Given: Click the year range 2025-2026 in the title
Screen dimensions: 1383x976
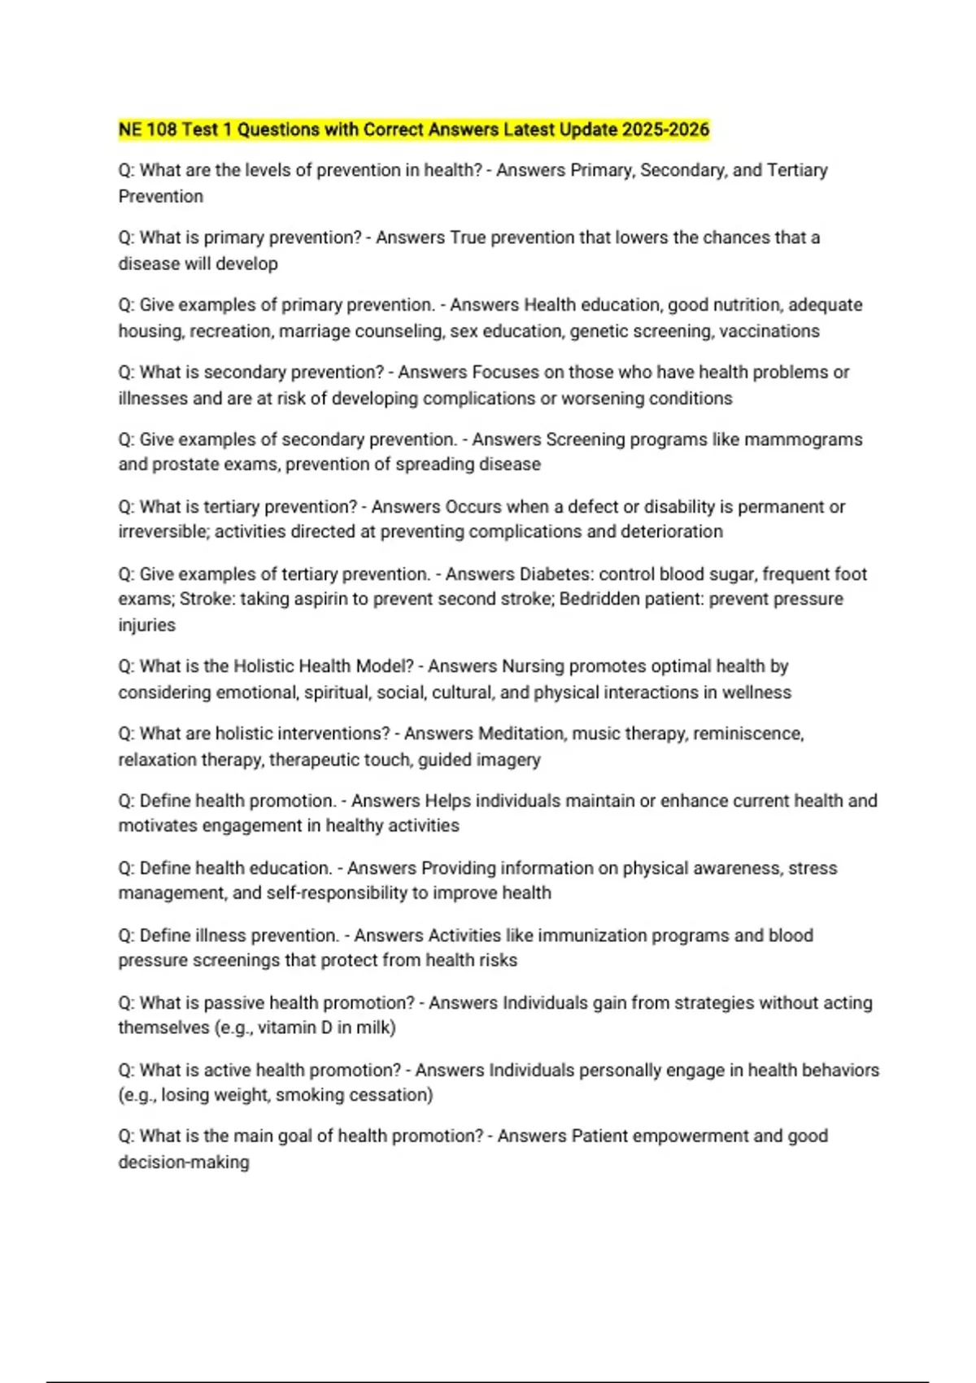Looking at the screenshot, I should [665, 129].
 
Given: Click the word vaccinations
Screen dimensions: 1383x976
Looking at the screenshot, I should [769, 331].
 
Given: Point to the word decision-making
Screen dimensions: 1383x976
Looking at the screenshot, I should [184, 1163].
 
